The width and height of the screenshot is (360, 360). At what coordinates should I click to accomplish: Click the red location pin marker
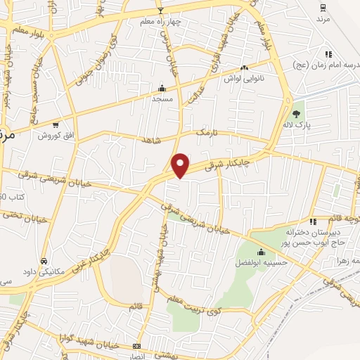pyautogui.click(x=181, y=165)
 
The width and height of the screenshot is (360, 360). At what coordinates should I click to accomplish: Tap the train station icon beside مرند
pyautogui.click(x=323, y=8)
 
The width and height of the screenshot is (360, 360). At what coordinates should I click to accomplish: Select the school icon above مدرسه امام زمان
pyautogui.click(x=328, y=54)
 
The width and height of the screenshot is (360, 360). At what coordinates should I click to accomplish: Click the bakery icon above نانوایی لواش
pyautogui.click(x=244, y=67)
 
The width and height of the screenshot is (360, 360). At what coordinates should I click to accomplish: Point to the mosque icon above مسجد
pyautogui.click(x=162, y=89)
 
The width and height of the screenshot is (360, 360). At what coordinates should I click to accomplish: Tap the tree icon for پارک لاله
pyautogui.click(x=296, y=113)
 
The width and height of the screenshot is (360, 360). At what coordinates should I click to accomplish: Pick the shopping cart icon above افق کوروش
pyautogui.click(x=56, y=124)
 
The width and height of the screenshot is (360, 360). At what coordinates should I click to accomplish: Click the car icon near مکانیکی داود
pyautogui.click(x=44, y=261)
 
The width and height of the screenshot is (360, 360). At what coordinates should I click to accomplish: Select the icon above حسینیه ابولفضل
pyautogui.click(x=262, y=252)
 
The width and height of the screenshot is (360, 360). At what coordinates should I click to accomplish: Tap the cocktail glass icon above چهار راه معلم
pyautogui.click(x=160, y=11)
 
